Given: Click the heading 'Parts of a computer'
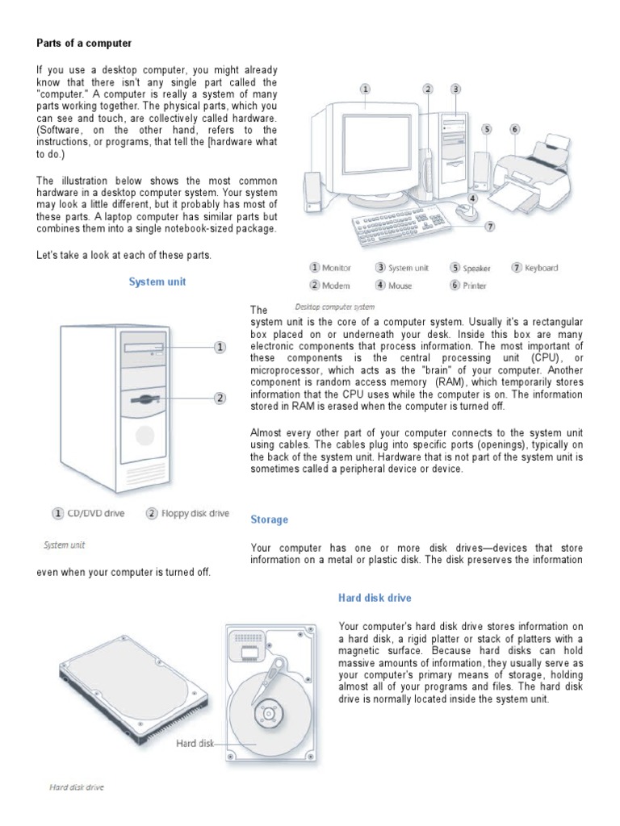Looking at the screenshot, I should [x=83, y=42].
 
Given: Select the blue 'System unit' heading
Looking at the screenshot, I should [x=157, y=282].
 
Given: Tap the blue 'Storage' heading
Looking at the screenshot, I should [x=269, y=519].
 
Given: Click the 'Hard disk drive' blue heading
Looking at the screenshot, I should [x=374, y=598].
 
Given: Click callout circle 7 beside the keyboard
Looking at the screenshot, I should [x=490, y=227].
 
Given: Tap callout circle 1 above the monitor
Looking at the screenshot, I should [x=366, y=89].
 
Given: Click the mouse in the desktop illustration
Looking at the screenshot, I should [x=466, y=211].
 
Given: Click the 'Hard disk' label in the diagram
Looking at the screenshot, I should [x=194, y=743].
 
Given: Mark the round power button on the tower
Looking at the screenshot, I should [x=145, y=436].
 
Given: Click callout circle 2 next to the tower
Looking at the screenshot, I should [x=219, y=397].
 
